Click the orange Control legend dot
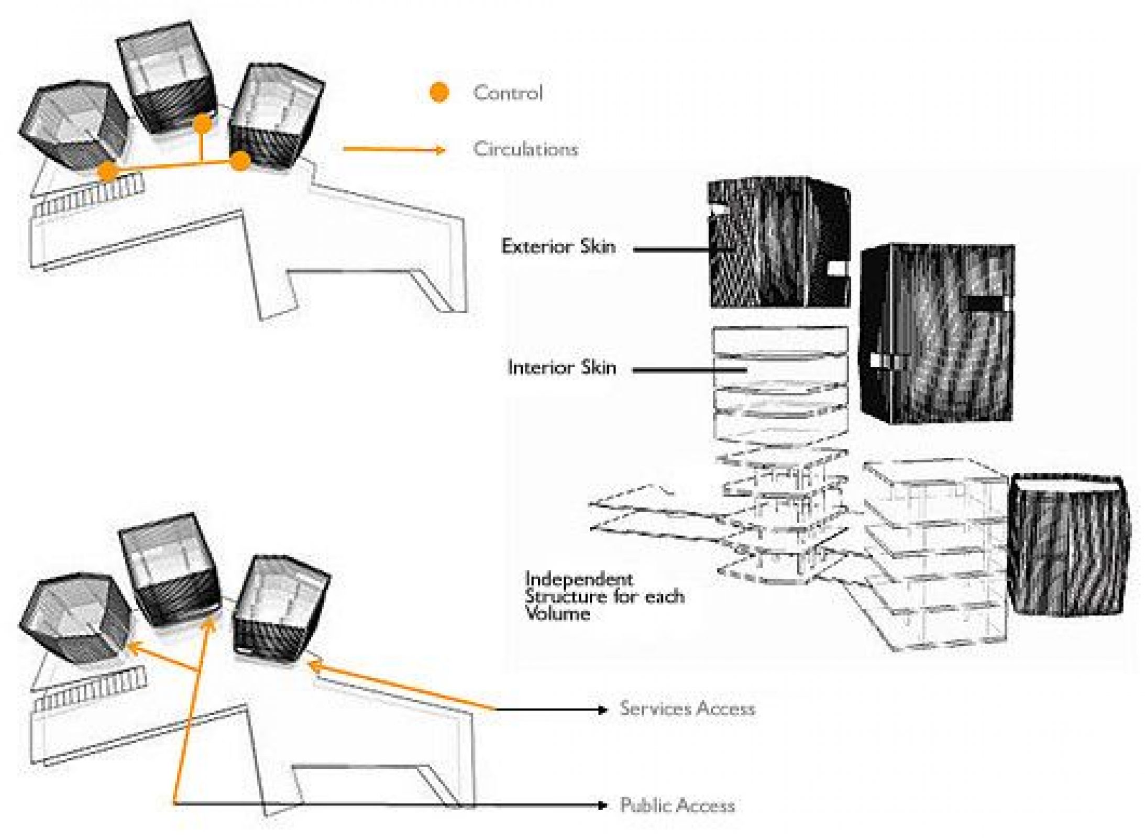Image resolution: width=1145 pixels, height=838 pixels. click(439, 93)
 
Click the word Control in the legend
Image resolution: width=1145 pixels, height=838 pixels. click(508, 93)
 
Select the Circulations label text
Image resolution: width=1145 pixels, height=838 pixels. click(525, 149)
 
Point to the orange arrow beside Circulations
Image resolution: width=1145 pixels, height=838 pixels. click(393, 150)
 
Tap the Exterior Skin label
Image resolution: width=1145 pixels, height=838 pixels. click(558, 246)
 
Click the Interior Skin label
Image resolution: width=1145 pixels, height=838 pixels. click(562, 368)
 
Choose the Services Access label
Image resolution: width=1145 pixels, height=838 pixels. click(687, 709)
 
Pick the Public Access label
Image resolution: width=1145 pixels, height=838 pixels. click(677, 805)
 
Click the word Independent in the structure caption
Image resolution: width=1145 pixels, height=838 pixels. click(579, 579)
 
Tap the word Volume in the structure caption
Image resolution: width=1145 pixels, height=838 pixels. click(557, 613)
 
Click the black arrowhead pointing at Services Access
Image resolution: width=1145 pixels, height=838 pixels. click(602, 710)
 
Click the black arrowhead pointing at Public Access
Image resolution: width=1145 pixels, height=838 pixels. click(602, 805)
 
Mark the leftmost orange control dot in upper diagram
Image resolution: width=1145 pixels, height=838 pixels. click(107, 171)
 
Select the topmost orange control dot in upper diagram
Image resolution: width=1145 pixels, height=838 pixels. click(202, 124)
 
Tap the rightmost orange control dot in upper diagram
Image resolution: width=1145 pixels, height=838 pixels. click(240, 160)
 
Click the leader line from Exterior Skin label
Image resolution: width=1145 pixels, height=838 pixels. click(670, 249)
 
